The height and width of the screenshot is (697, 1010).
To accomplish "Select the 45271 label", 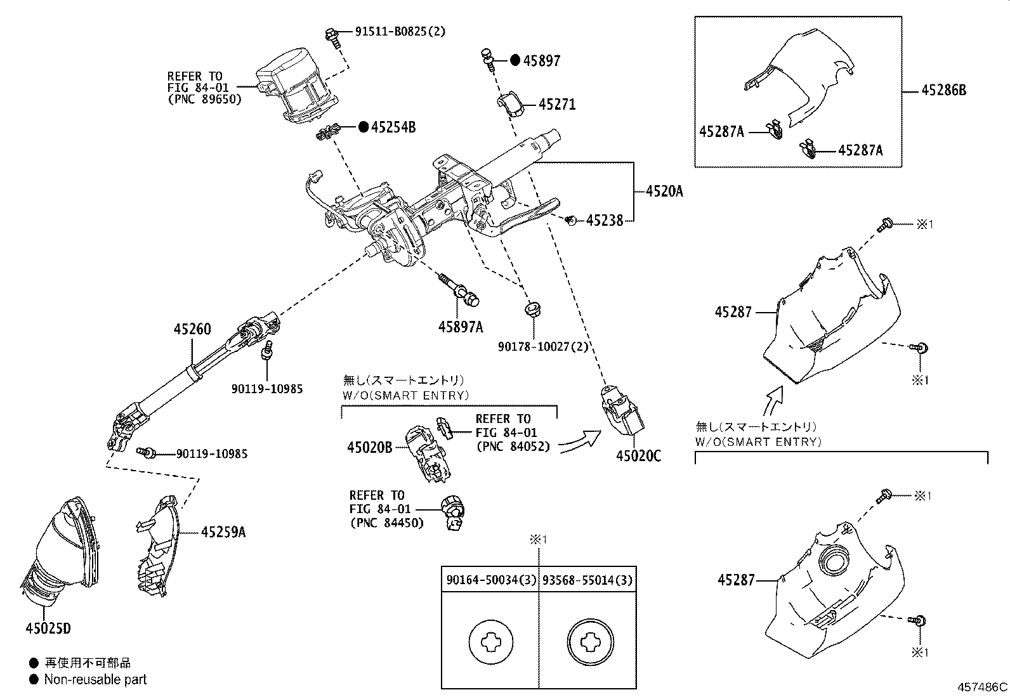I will pyautogui.click(x=557, y=104).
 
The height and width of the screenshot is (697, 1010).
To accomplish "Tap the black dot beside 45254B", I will pyautogui.click(x=364, y=127).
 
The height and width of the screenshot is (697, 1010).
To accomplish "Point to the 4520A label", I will pyautogui.click(x=664, y=190).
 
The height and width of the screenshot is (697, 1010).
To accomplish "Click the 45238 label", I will pyautogui.click(x=605, y=221).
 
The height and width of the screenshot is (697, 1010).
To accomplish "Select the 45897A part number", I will pyautogui.click(x=460, y=327).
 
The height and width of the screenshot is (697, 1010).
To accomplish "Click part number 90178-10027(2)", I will pyautogui.click(x=543, y=346).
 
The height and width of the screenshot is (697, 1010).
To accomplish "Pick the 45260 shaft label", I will pyautogui.click(x=192, y=329).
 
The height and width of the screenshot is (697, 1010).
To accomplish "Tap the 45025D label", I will pyautogui.click(x=48, y=629).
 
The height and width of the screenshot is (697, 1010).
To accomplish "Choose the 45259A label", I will pyautogui.click(x=223, y=532).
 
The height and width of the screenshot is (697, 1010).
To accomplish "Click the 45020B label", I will pyautogui.click(x=370, y=447).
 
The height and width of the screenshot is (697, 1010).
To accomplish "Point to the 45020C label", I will pyautogui.click(x=638, y=455).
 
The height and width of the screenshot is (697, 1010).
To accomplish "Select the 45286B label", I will pyautogui.click(x=944, y=90).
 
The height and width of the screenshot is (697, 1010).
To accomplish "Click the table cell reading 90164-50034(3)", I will pyautogui.click(x=490, y=580).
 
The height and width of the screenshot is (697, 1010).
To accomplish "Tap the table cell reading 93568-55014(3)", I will pyautogui.click(x=587, y=580).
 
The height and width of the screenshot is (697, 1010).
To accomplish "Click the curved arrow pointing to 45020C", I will pyautogui.click(x=580, y=441).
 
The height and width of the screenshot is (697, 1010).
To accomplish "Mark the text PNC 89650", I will pyautogui.click(x=205, y=99).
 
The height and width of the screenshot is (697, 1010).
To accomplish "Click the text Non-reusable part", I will pyautogui.click(x=95, y=679).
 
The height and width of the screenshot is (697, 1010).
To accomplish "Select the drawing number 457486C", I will pyautogui.click(x=982, y=687).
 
